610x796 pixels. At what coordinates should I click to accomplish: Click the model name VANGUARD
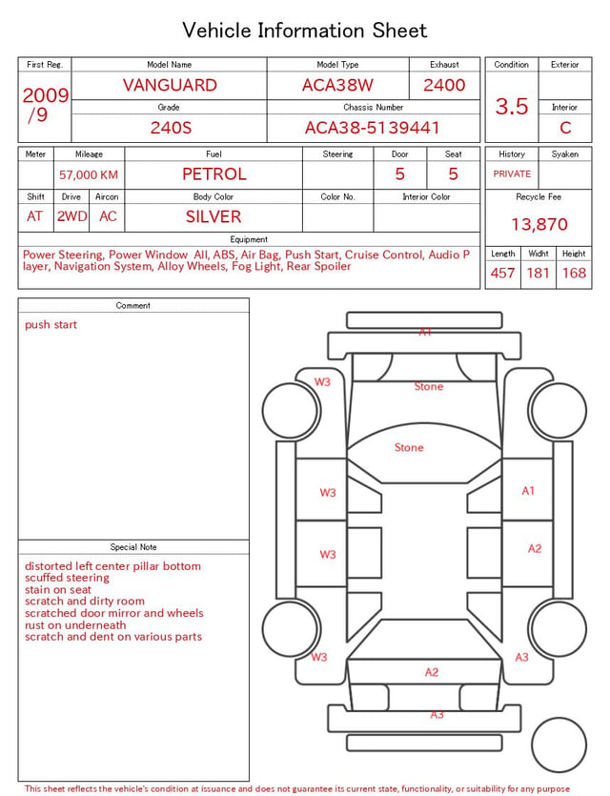[170, 85]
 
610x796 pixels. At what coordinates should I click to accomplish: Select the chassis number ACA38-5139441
[373, 128]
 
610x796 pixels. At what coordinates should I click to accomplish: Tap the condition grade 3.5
[512, 107]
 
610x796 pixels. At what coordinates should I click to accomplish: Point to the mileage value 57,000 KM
[89, 175]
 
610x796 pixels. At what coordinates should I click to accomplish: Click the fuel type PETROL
[214, 174]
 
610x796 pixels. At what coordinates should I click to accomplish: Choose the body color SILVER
[213, 216]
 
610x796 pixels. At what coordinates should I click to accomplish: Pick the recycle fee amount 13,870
[539, 224]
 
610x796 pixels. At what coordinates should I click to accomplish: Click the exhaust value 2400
[444, 85]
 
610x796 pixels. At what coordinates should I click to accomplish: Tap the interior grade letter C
[565, 128]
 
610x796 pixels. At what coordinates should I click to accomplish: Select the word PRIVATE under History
[512, 174]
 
